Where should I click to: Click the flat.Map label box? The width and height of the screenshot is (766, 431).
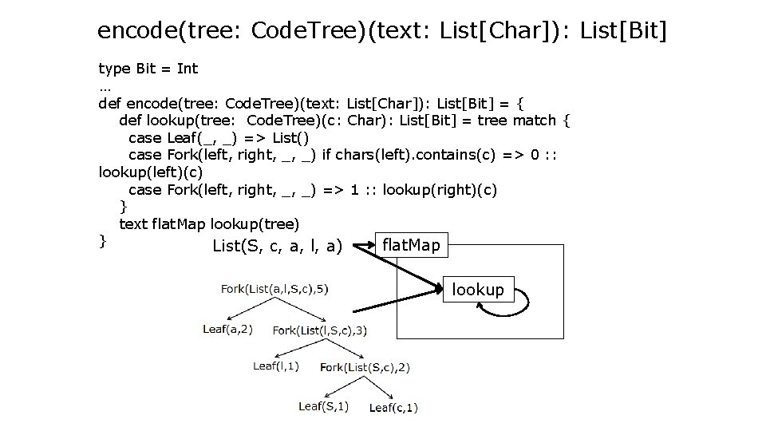(x=411, y=245)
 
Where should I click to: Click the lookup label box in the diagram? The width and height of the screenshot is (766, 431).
(x=478, y=290)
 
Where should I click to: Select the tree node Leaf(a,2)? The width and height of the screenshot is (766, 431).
(x=227, y=329)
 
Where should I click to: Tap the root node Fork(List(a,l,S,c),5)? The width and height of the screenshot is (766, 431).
(x=274, y=288)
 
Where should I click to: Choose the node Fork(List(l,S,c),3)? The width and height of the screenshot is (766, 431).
(x=319, y=330)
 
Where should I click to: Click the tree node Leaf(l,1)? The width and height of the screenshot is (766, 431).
(x=276, y=366)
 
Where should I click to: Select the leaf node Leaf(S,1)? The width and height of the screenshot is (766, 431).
(x=323, y=406)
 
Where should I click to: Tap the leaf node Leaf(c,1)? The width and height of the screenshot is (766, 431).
(x=393, y=407)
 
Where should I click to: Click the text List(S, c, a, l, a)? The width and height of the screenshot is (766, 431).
(x=278, y=247)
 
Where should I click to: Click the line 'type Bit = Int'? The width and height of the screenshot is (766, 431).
(x=148, y=69)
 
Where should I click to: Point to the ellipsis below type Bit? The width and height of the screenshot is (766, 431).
(x=105, y=85)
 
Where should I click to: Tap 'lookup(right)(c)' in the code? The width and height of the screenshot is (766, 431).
(x=440, y=189)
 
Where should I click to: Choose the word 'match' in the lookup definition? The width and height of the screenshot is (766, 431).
(x=535, y=121)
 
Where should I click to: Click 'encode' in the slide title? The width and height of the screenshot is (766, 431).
(x=138, y=31)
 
